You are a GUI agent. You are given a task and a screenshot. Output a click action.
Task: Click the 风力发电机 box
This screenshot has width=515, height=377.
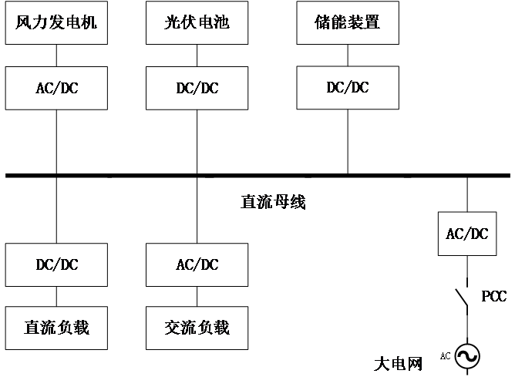click(56, 22)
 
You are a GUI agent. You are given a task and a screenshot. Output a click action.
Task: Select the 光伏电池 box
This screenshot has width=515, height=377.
click(197, 22)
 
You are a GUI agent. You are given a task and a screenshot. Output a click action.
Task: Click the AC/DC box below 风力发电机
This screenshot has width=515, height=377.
click(56, 88)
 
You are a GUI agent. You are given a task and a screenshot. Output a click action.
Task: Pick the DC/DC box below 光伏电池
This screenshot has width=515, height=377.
click(197, 88)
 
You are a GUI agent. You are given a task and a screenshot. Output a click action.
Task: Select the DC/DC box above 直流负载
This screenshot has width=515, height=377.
click(56, 264)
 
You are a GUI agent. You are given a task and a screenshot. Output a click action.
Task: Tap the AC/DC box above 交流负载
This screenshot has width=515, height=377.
click(197, 264)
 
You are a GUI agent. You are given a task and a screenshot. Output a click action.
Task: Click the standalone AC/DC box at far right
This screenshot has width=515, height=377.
click(467, 233)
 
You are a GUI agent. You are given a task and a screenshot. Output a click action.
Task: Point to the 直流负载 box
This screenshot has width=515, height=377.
click(56, 328)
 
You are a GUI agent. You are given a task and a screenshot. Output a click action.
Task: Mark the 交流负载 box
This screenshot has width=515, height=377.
click(197, 328)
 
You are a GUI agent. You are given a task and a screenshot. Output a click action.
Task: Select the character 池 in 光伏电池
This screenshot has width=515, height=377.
click(222, 22)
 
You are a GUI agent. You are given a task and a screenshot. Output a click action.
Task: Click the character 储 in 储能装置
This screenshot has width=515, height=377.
click(323, 22)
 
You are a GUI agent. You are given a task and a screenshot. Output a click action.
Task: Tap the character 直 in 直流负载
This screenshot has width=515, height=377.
click(32, 328)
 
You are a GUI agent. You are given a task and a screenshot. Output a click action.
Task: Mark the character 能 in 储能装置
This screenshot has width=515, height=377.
click(339, 22)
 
